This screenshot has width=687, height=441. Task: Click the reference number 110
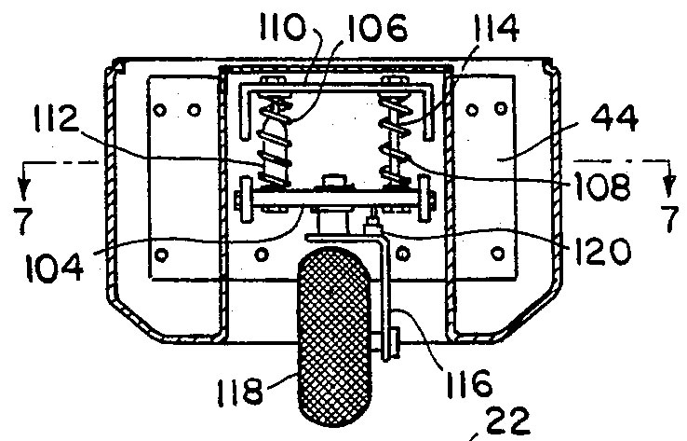tap(282, 26)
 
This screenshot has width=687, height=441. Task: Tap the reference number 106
tap(377, 28)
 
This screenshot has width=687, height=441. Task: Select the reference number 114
tap(496, 27)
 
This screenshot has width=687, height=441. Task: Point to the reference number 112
tap(56, 117)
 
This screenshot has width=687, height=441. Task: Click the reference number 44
tap(614, 117)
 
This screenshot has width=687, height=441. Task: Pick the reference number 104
tap(54, 268)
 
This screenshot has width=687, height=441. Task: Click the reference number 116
tap(469, 383)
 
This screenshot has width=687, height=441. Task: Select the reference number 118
tap(240, 391)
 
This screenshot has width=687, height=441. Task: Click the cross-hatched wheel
tap(334, 336)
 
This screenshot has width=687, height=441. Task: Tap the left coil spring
tap(275, 142)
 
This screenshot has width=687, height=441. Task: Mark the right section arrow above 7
tap(668, 179)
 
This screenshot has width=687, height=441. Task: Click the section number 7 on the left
tap(22, 220)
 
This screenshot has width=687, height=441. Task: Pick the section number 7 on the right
tap(670, 218)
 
